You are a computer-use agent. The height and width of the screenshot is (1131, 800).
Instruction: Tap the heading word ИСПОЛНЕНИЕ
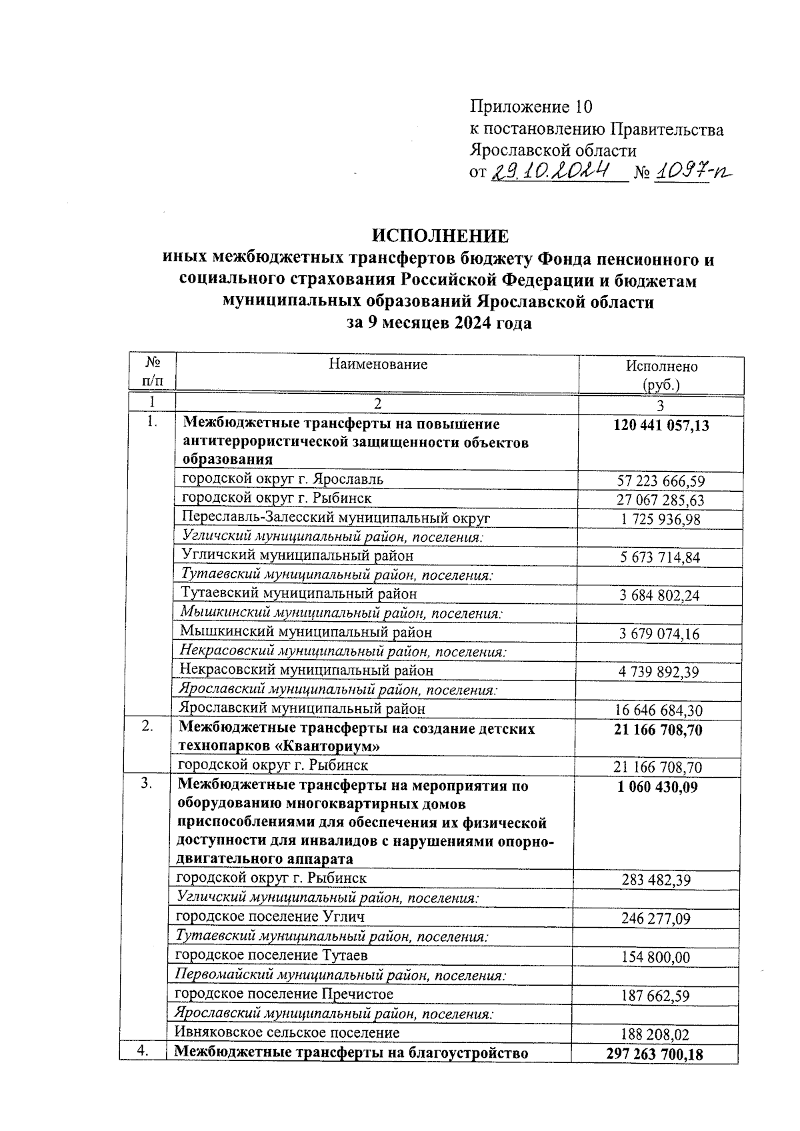[440, 237]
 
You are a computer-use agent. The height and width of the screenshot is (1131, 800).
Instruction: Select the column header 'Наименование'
[378, 365]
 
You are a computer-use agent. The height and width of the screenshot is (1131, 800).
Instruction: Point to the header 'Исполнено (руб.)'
[661, 375]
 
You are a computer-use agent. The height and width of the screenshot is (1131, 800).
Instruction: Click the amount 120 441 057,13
[661, 426]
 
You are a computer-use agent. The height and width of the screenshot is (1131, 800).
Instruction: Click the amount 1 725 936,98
[661, 519]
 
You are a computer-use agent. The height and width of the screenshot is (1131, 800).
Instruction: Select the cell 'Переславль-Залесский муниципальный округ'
[336, 518]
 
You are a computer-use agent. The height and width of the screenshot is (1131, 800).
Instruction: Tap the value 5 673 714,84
[660, 558]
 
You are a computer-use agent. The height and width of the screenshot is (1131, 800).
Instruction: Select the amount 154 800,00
[655, 958]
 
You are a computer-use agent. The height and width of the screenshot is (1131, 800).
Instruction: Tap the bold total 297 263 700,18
[655, 1054]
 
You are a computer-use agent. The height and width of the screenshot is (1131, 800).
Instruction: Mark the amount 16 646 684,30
[658, 711]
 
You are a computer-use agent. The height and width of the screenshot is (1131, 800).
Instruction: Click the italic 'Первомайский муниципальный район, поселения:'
[340, 975]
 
